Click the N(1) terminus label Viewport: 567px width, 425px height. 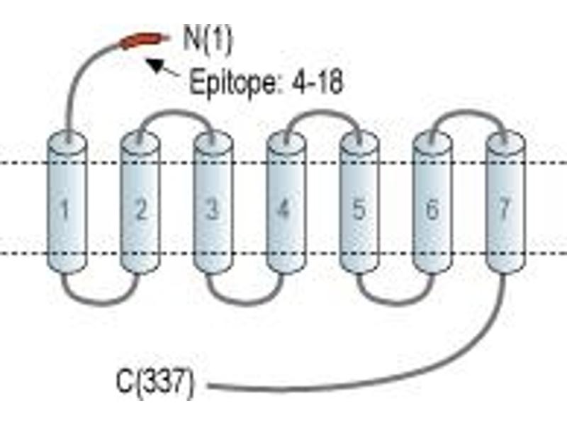click(208, 40)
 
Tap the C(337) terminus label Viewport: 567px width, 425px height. click(155, 383)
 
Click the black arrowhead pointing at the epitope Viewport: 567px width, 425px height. click(155, 65)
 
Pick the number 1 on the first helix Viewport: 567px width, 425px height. click(64, 209)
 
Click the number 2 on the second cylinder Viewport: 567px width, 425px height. click(140, 209)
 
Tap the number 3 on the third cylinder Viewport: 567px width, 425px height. click(212, 209)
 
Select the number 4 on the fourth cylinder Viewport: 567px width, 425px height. click(284, 208)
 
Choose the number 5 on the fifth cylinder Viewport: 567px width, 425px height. click(359, 209)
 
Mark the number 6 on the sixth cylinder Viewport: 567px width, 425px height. click(432, 209)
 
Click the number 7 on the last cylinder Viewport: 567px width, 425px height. click(505, 208)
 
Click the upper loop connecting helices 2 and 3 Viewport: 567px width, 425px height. click(176, 112)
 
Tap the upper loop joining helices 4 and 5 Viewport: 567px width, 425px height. click(322, 112)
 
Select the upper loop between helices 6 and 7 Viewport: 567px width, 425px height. click(468, 112)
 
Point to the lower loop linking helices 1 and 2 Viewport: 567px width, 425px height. click(101, 302)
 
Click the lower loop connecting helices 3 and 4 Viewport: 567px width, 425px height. click(246, 302)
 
